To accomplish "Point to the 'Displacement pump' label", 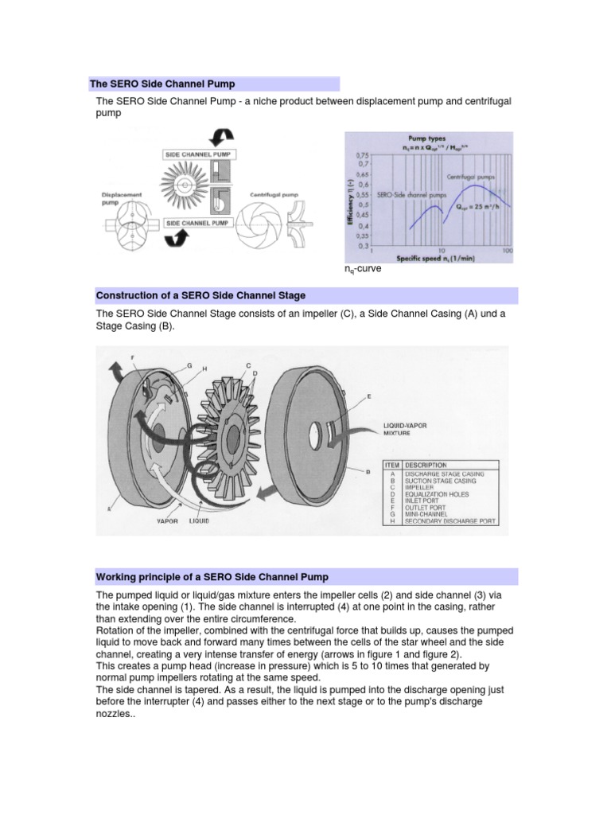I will tap(121, 197).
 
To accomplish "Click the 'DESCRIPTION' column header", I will tap(426, 465).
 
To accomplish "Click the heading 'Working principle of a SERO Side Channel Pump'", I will tap(212, 576).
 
